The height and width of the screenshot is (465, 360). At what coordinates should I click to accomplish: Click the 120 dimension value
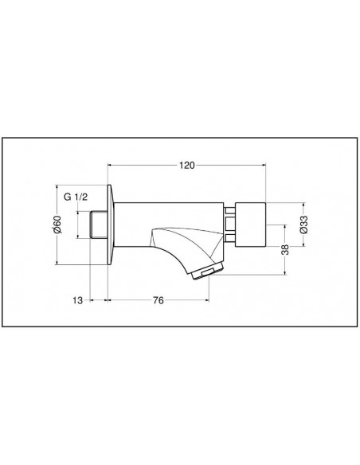(186, 166)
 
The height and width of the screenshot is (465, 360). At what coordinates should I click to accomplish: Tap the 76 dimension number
(158, 300)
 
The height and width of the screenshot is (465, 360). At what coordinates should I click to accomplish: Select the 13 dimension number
(77, 300)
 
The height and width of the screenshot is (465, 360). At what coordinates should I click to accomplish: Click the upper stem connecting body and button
(231, 213)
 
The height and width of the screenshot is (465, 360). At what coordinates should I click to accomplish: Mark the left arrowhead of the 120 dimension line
(111, 166)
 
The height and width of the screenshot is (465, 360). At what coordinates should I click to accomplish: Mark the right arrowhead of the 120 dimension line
(262, 166)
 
